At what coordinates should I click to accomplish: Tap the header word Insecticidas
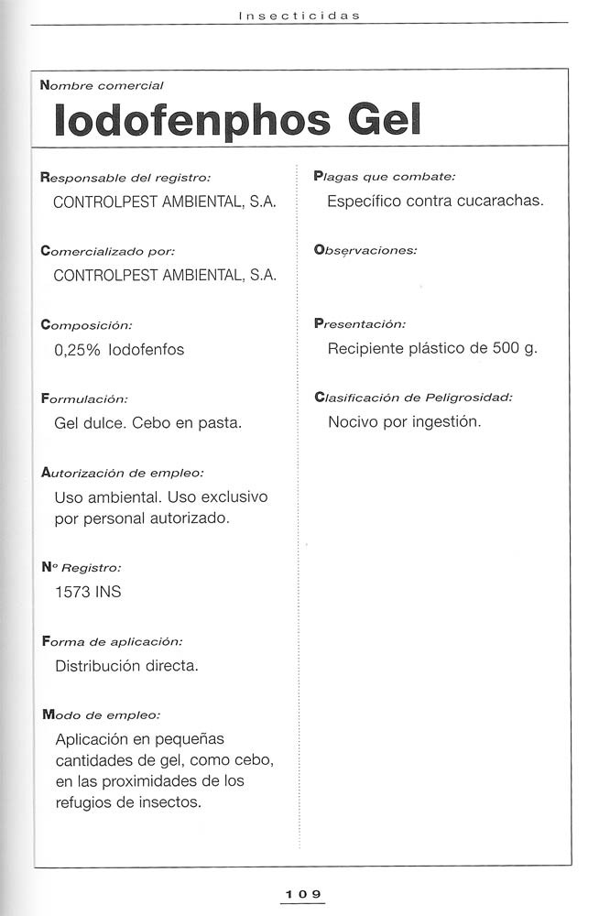(x=299, y=16)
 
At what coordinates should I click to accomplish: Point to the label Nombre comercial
(x=102, y=85)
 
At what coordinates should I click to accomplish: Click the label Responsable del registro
(x=126, y=177)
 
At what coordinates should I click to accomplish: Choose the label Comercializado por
(x=108, y=250)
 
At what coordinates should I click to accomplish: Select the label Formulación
(x=85, y=398)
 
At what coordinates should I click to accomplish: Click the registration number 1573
(x=73, y=592)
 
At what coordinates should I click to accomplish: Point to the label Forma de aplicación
(x=112, y=641)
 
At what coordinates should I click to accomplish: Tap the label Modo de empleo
(x=101, y=714)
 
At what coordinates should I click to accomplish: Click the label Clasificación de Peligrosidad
(x=413, y=398)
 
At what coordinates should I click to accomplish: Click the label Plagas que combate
(x=384, y=176)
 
